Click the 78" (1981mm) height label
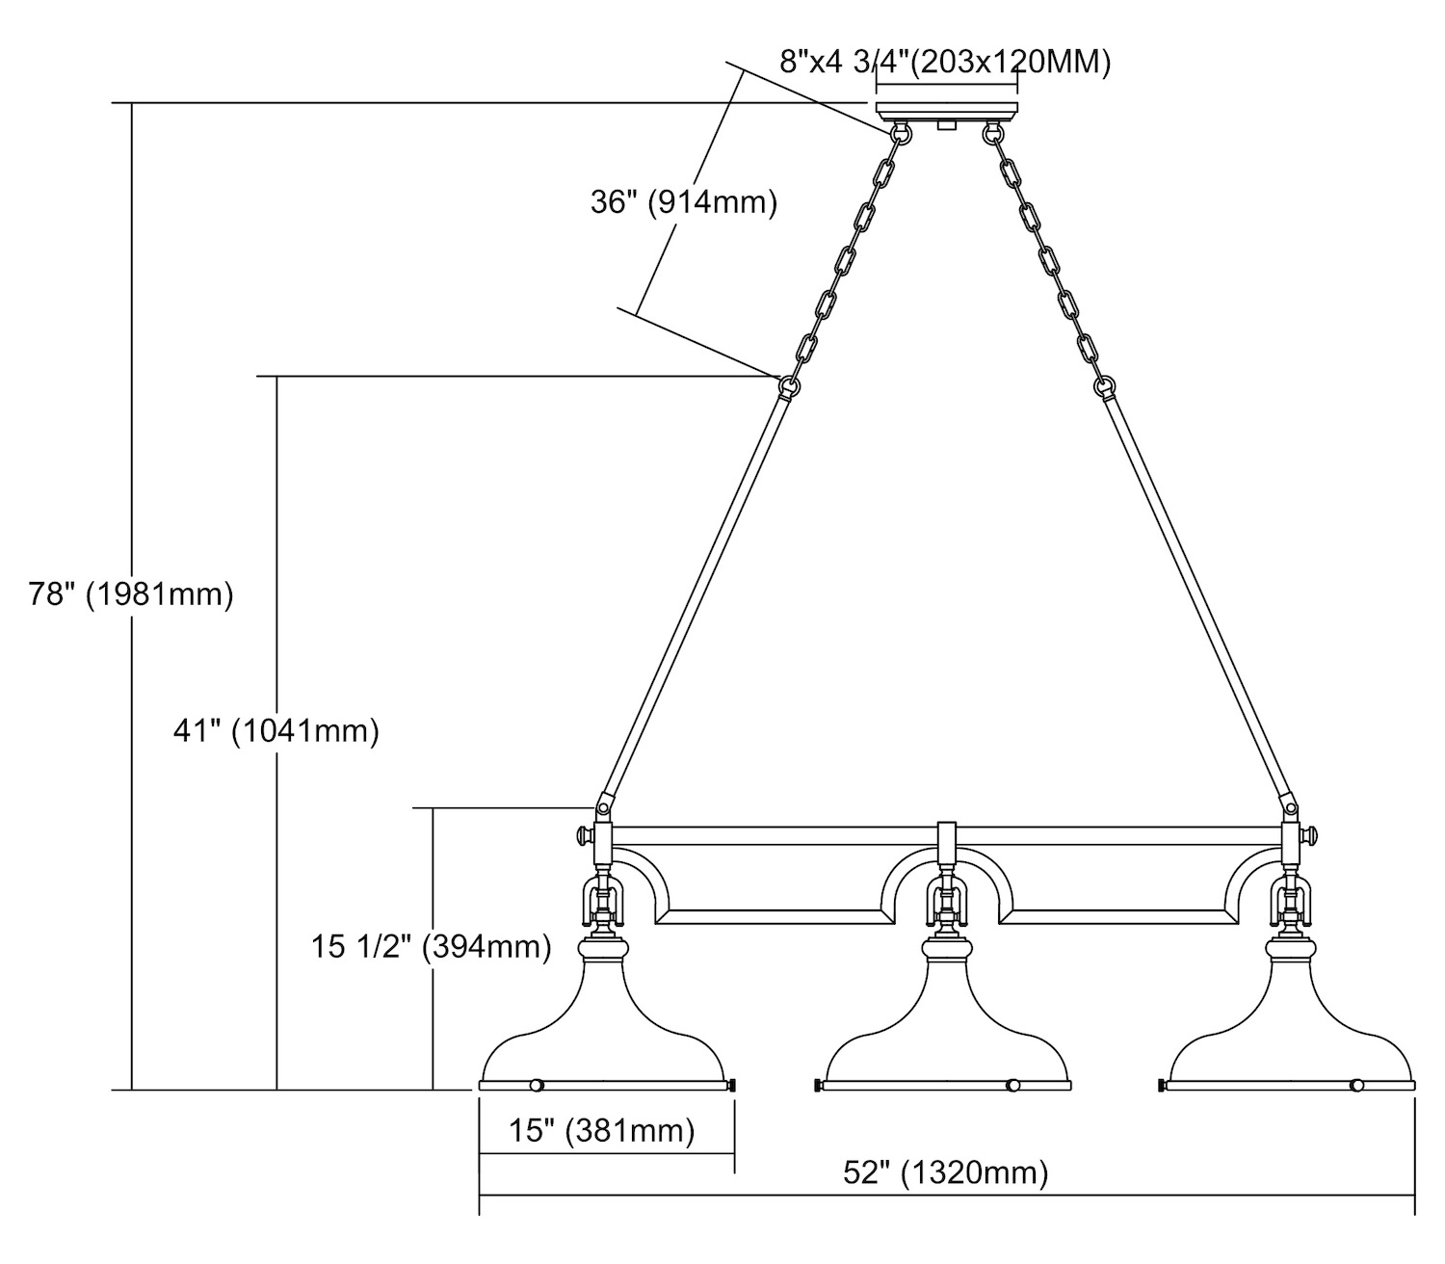(x=131, y=593)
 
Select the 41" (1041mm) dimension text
(x=276, y=731)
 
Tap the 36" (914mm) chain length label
(x=683, y=202)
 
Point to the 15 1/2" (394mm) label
(x=431, y=946)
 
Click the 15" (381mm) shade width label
(x=602, y=1129)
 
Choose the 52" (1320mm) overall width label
(x=945, y=1172)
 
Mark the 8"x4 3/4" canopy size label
(x=945, y=63)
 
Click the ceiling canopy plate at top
(x=946, y=108)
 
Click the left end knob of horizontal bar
(x=583, y=835)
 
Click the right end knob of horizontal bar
(x=1311, y=835)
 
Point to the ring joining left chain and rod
(x=789, y=385)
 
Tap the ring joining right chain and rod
(x=1104, y=385)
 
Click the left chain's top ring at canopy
(x=903, y=133)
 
